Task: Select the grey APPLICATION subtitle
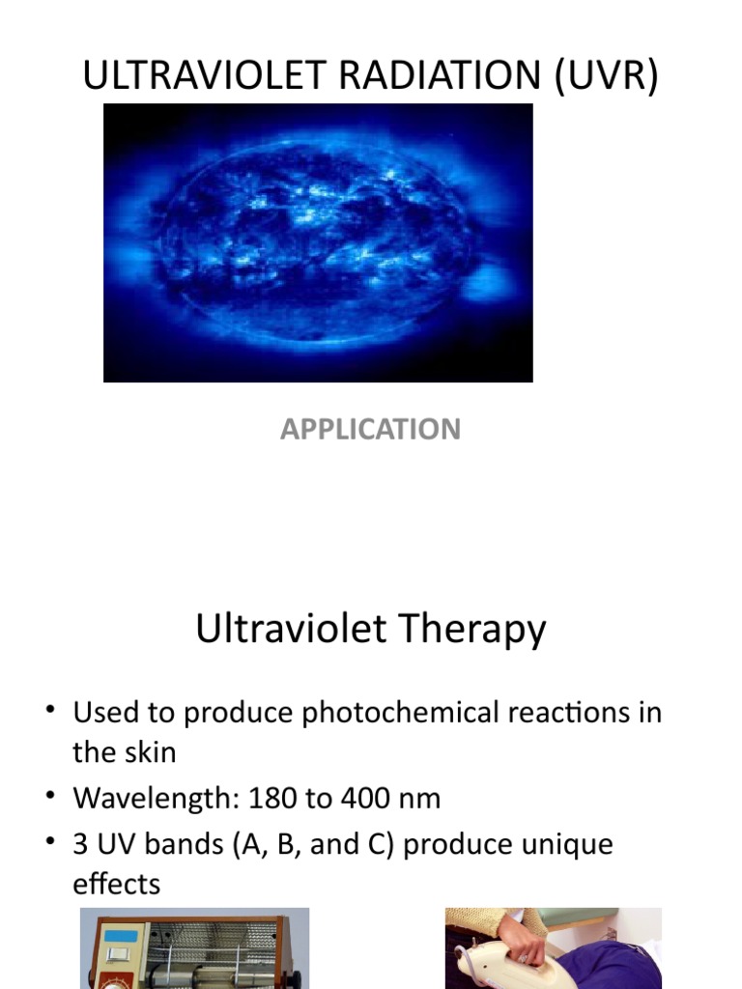click(370, 429)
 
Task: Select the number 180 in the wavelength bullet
click(274, 799)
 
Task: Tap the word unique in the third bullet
click(565, 845)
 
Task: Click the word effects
click(116, 884)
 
